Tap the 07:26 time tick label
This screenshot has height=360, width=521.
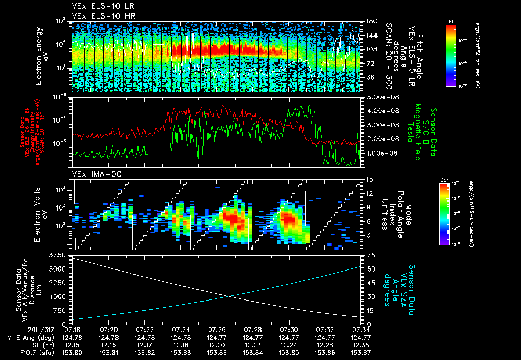217,329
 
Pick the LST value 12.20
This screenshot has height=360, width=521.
217,344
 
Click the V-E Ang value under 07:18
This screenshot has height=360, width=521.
73,337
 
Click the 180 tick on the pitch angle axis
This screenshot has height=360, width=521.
371,21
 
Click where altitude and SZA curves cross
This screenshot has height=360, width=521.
230,296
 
